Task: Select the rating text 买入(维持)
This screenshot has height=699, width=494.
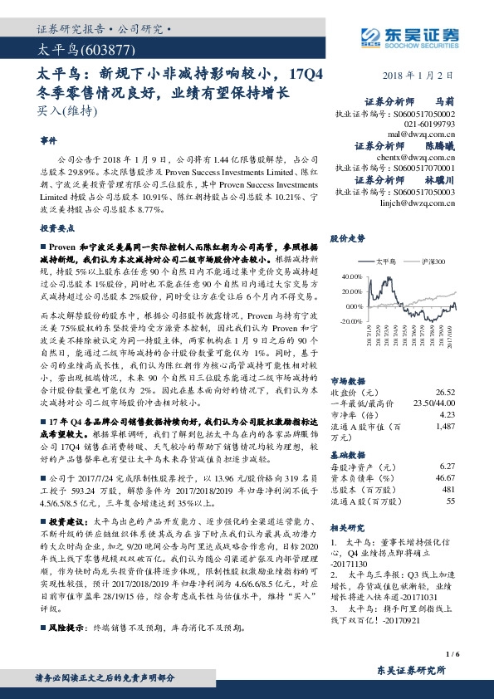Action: pyautogui.click(x=62, y=110)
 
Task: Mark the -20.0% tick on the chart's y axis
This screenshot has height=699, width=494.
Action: pyautogui.click(x=350, y=320)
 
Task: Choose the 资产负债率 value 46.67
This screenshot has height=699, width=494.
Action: pyautogui.click(x=446, y=477)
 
